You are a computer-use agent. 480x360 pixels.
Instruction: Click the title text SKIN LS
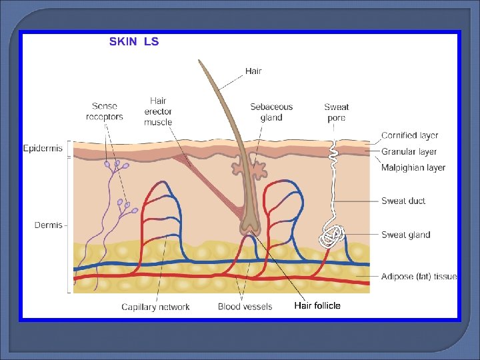click(134, 41)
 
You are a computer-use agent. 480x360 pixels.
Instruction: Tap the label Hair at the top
click(253, 71)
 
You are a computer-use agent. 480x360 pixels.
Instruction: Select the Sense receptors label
click(105, 111)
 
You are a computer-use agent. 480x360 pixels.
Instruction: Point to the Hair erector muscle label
click(158, 111)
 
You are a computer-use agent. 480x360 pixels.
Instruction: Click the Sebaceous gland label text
click(271, 112)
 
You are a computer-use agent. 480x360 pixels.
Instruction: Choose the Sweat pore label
click(337, 112)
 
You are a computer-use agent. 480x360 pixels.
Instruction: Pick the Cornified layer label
click(409, 135)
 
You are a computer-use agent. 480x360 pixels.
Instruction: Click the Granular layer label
click(409, 152)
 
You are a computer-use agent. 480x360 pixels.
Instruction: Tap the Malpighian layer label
click(413, 168)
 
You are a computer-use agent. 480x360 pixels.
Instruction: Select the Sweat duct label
click(403, 201)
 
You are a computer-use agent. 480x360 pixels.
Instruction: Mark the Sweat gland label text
click(405, 235)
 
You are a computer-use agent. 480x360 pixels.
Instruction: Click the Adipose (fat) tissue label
click(419, 276)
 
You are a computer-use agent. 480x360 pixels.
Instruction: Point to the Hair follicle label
click(317, 306)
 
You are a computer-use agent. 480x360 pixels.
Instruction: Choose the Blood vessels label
click(245, 307)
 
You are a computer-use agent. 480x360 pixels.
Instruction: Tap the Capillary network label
click(155, 307)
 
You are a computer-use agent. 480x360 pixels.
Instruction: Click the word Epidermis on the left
click(43, 148)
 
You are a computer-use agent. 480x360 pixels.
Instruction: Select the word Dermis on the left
click(49, 225)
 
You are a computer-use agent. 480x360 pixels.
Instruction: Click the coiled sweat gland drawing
click(333, 235)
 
